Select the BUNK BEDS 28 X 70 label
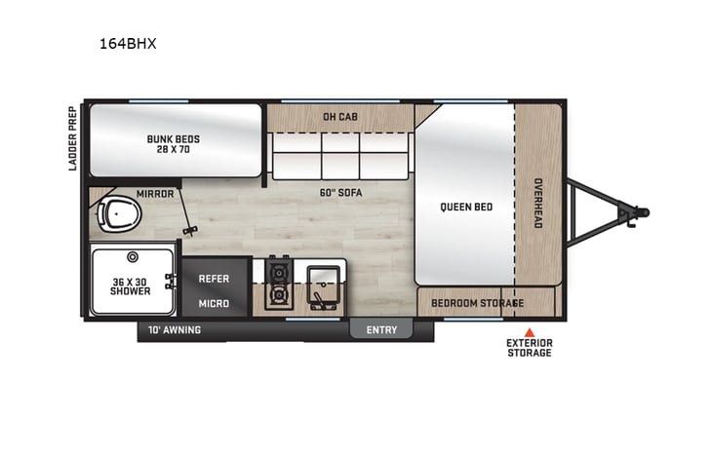[x=176, y=143]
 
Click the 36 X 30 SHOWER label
[x=131, y=285]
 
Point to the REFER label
[x=214, y=279]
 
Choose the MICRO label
[x=214, y=303]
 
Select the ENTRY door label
[x=381, y=329]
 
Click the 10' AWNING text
[x=175, y=329]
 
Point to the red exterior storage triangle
[x=530, y=331]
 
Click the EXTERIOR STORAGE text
[x=530, y=348]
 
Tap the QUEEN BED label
[x=467, y=207]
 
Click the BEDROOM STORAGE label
[x=478, y=303]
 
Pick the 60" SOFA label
[x=340, y=193]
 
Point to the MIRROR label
[x=155, y=193]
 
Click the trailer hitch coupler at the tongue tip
[x=639, y=210]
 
